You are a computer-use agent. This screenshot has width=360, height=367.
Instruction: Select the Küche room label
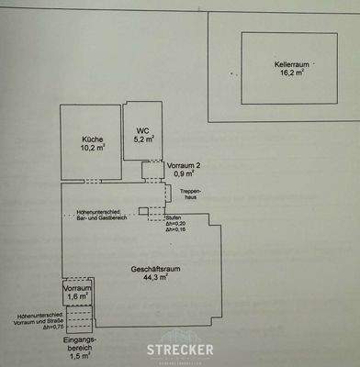90,139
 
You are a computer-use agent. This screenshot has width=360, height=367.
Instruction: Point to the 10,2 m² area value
90,148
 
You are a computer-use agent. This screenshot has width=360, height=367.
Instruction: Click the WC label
142,130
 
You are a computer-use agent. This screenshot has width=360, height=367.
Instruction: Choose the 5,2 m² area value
142,139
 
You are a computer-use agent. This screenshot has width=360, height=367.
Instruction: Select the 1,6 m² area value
77,297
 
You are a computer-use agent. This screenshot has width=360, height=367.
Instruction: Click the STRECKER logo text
181,350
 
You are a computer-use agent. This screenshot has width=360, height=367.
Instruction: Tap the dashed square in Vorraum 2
152,171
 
